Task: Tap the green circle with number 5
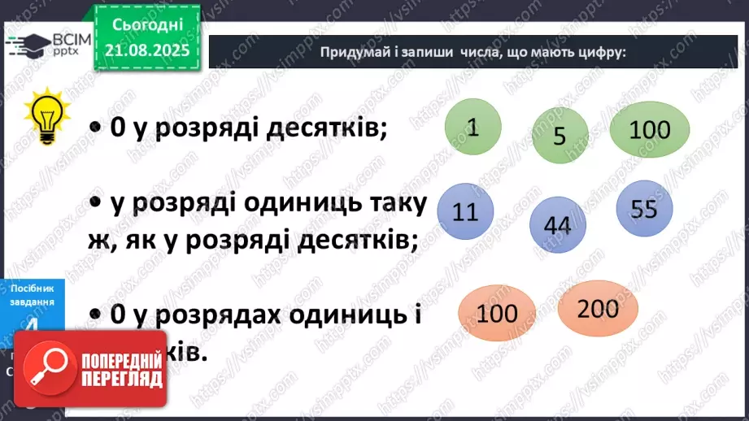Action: (x=560, y=136)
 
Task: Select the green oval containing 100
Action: (x=650, y=130)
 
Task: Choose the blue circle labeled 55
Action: (x=644, y=209)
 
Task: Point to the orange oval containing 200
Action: (x=598, y=308)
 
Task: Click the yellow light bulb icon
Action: (x=43, y=116)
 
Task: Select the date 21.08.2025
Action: (x=146, y=51)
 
